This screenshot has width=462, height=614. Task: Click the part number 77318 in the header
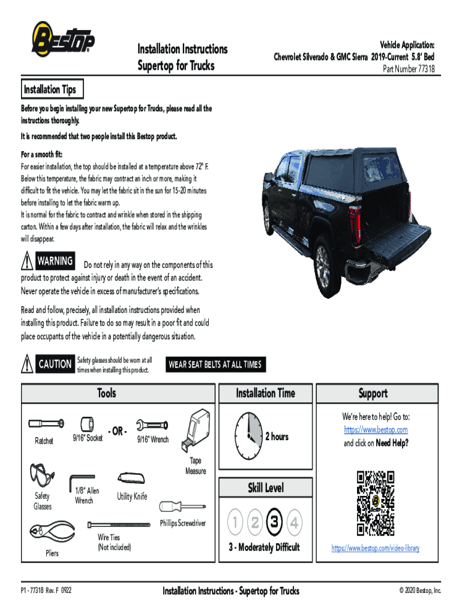click(x=409, y=68)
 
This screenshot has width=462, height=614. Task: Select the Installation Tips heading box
click(x=50, y=90)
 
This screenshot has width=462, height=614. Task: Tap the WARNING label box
click(x=55, y=261)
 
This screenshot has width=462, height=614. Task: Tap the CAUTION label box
click(x=55, y=364)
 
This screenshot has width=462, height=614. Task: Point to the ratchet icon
click(x=46, y=425)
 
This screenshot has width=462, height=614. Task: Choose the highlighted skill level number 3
click(x=274, y=523)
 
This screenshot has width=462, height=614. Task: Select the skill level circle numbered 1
click(x=236, y=523)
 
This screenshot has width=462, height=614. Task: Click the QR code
click(x=376, y=503)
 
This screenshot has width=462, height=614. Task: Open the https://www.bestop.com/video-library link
click(x=376, y=548)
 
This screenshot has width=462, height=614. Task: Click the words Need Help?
click(x=392, y=443)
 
